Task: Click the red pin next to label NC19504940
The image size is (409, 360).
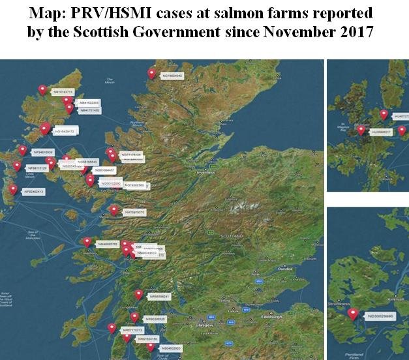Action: [152, 74]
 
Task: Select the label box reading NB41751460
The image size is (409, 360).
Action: [89, 111]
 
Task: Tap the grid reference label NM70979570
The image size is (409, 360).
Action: [135, 212]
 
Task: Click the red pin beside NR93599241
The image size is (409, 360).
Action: [138, 294]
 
